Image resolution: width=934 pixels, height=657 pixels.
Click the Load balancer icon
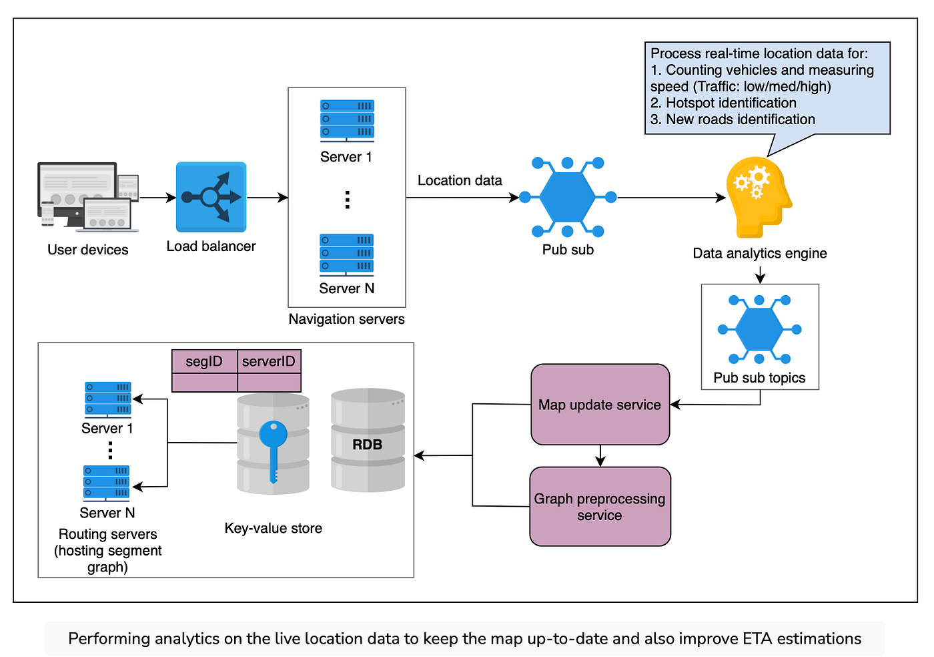coord(211,197)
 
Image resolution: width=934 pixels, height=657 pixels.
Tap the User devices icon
coord(87,197)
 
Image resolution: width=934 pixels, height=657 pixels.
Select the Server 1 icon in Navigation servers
coord(347,120)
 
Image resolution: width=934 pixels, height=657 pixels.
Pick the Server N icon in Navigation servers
coord(347,254)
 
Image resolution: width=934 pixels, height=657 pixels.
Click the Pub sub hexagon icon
coord(567,197)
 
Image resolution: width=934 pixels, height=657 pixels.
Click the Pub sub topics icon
coord(759,329)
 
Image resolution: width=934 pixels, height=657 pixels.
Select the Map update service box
coord(600,405)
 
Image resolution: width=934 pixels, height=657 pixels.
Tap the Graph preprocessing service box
coord(600,507)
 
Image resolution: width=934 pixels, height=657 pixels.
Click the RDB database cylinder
coord(368,441)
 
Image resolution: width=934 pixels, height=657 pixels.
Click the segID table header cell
coord(204,361)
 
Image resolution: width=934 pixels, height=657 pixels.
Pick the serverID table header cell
coord(269,361)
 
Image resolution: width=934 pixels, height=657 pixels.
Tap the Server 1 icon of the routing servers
coord(107,399)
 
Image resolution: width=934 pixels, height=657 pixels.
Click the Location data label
coord(460,180)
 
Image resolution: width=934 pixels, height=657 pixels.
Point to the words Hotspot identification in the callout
coord(731,103)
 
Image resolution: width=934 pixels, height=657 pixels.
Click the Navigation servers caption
coord(346,319)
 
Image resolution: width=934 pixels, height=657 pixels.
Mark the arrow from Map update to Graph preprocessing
coord(600,455)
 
